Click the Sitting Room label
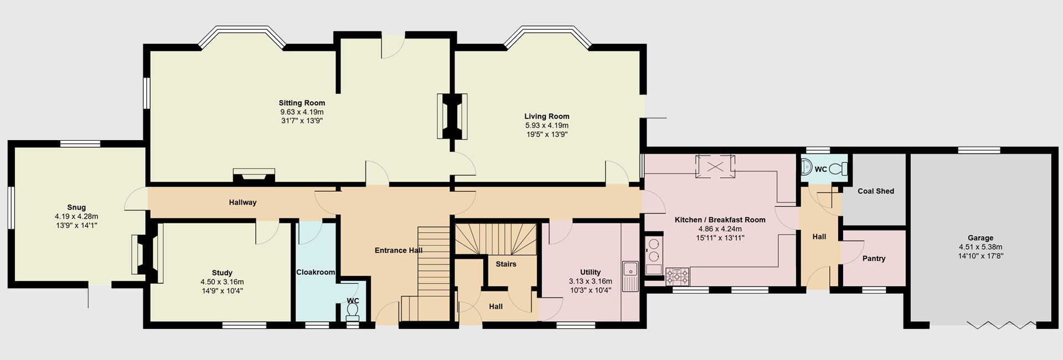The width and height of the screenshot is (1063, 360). pos(302,103)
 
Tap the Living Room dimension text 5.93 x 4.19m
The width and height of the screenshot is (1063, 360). pos(546,126)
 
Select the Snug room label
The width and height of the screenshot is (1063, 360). pos(76,208)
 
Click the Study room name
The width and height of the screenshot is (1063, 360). pos(222,272)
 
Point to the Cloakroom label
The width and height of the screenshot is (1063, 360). pos(316,272)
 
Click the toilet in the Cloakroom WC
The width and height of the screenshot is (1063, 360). pos(352,316)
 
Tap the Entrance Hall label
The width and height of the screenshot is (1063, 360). pos(399,250)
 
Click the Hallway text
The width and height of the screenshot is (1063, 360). pos(242,202)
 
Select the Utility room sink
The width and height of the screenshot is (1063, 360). pos(630,270)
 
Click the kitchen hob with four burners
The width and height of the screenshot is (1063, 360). pos(678,276)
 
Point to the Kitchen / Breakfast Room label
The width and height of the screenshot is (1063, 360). pos(720,220)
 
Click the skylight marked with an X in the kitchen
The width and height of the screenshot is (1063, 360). pos(716,166)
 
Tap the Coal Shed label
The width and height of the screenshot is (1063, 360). pos(875,191)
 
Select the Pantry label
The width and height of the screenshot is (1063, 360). pos(874,259)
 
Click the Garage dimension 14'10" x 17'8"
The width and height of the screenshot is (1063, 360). pos(981,256)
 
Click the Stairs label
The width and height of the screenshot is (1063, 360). pos(505,264)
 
